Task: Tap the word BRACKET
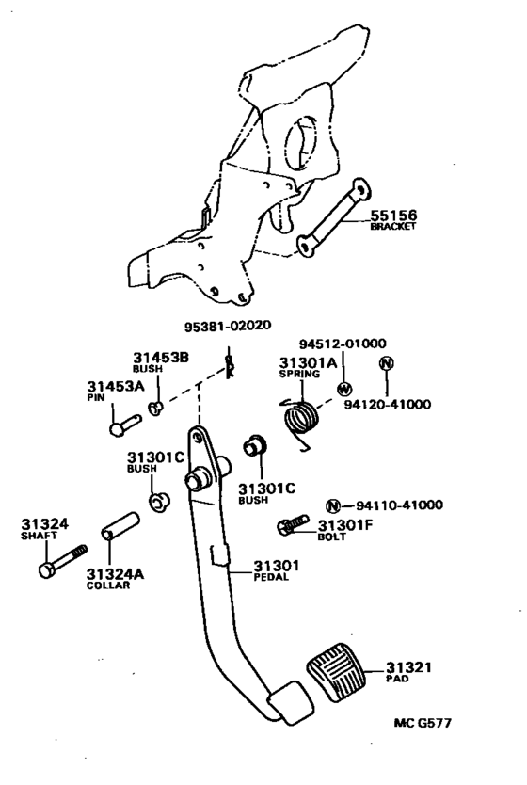click(391, 227)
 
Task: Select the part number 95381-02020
click(228, 327)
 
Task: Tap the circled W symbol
click(344, 390)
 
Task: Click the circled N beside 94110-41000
click(332, 505)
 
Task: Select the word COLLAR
click(106, 585)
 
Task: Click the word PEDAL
click(271, 577)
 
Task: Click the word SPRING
click(297, 374)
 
